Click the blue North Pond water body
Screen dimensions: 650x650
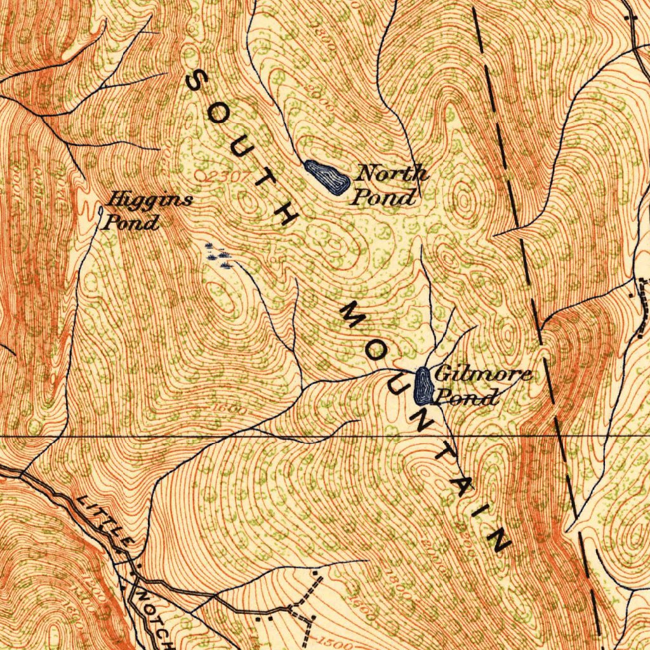[x=327, y=177]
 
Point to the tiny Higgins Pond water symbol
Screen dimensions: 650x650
[x=101, y=209]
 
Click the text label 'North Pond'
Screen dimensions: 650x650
[x=388, y=184]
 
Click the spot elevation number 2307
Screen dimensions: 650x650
[x=223, y=176]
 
